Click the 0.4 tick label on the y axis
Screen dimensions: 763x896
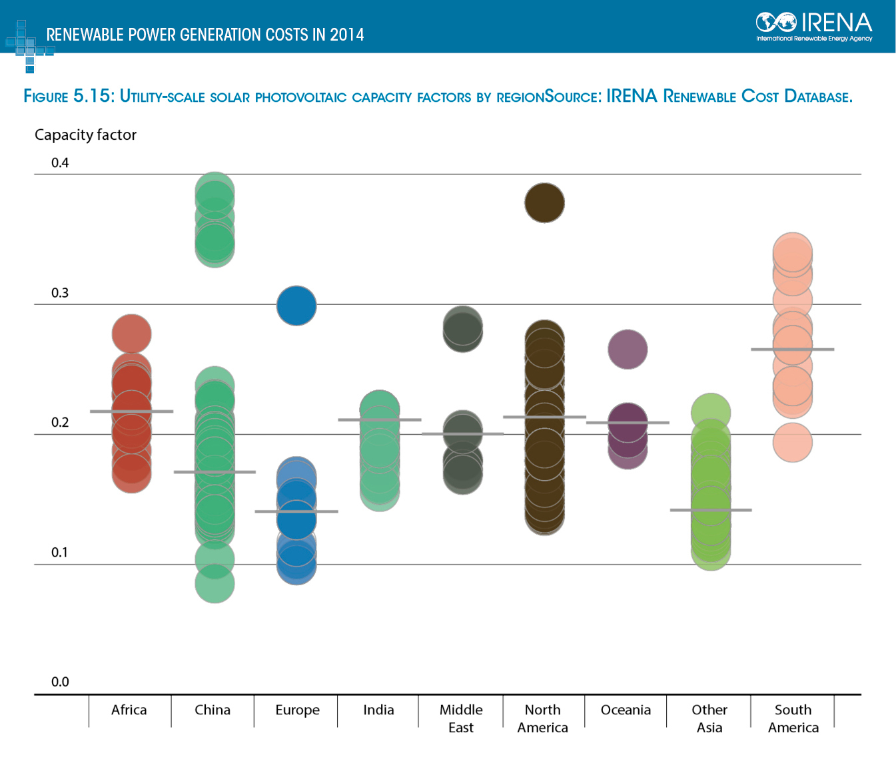pos(60,163)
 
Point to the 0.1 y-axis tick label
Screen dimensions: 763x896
pos(60,553)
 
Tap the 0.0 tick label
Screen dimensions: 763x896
pos(60,682)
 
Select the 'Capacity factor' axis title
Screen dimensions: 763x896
pos(85,135)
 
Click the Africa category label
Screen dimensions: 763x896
pos(129,710)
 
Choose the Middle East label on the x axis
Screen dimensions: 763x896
pos(461,719)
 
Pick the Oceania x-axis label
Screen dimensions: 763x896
pos(626,710)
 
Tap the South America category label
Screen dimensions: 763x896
pos(793,719)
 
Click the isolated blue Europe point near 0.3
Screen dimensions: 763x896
pos(296,306)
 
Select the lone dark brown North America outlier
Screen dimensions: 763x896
pos(544,203)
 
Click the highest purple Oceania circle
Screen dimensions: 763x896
pos(628,350)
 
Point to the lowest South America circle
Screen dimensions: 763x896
pos(793,442)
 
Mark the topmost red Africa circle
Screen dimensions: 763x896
pos(132,334)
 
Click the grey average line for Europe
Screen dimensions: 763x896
pos(296,511)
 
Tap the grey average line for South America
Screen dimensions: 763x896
pos(793,349)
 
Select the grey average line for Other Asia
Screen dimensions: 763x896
pos(711,510)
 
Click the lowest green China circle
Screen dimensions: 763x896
pos(215,583)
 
